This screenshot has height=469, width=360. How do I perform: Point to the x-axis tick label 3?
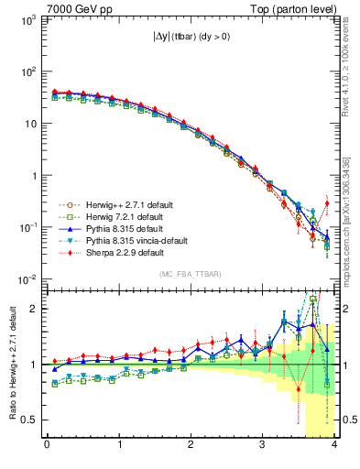click(264, 445)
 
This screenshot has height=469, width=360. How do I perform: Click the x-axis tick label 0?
click(47, 445)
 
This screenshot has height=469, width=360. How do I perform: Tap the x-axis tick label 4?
click(335, 445)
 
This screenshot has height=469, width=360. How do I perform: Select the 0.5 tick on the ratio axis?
click(30, 420)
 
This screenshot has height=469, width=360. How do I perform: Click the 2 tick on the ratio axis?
click(36, 309)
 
